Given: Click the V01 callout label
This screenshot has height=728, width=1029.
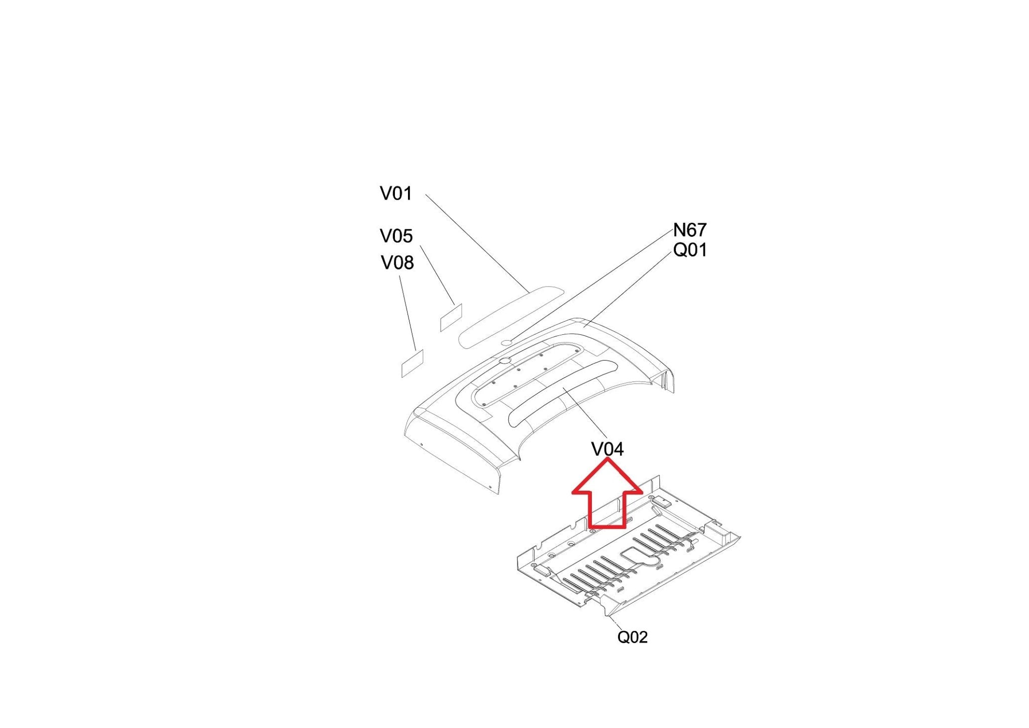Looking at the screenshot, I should click(395, 194).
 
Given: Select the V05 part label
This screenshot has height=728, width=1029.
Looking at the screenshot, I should click(396, 236).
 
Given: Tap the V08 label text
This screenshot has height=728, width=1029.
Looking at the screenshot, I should click(397, 262).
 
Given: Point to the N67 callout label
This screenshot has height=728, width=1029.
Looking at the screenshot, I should click(689, 230).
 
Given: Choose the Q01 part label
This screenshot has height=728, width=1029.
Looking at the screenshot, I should click(689, 250).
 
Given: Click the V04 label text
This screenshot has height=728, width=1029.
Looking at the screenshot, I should click(607, 449).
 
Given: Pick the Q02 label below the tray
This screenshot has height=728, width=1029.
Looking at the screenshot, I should click(632, 637).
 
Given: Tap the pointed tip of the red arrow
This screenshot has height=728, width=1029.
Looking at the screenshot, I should click(607, 459).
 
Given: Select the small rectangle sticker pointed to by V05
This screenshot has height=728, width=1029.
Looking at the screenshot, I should click(451, 318).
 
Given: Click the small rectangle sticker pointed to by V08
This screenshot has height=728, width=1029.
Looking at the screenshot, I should click(413, 363).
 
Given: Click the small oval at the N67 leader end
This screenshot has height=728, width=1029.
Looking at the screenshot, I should click(507, 342).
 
